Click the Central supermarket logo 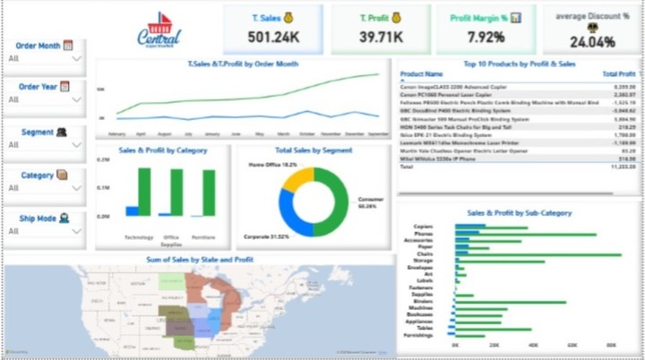coord(159,30)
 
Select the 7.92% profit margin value coord(485,39)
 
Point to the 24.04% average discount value coord(592,41)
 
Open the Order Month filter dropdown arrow coord(76,58)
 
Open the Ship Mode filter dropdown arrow coord(76,231)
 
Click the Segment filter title coord(38,132)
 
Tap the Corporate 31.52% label coord(266,236)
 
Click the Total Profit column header coord(619,74)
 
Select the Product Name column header coord(422,74)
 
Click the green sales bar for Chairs coord(537,254)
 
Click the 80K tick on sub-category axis coord(611,343)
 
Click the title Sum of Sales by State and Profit coord(200,260)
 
